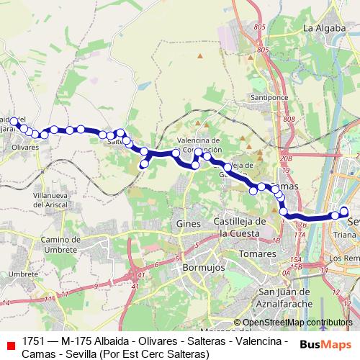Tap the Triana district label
[x=345, y=235]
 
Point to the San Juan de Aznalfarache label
[x=285, y=297]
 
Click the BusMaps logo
[x=325, y=343]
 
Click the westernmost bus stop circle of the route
[x=14, y=121]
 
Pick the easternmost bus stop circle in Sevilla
[x=344, y=211]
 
